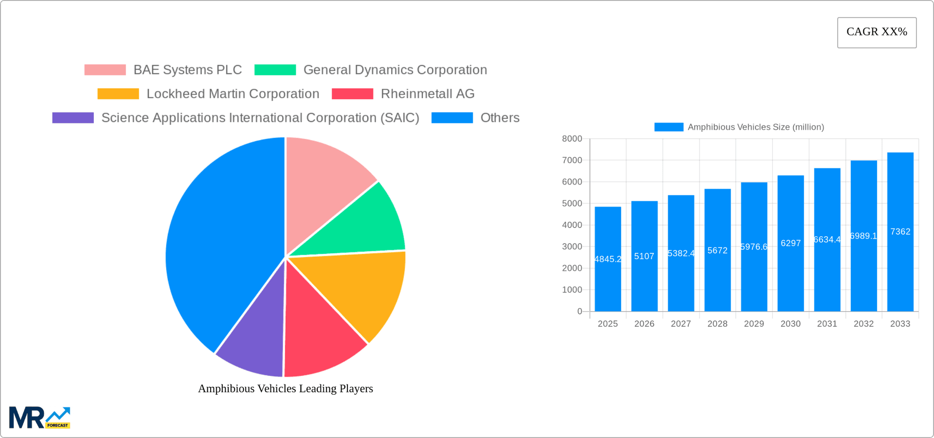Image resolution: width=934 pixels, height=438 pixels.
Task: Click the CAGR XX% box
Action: [x=877, y=33]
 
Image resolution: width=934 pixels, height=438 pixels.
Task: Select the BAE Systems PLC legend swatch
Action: [x=105, y=70]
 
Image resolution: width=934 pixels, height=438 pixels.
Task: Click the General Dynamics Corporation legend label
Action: [x=395, y=70]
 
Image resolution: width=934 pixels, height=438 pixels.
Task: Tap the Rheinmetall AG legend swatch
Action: [x=352, y=94]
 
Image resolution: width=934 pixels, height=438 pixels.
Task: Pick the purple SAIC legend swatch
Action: [x=73, y=118]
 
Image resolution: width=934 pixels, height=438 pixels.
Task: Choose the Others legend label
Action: [x=500, y=118]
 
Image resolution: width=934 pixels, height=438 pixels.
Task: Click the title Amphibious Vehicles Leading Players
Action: [x=286, y=388]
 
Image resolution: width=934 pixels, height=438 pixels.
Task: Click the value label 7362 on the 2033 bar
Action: [x=900, y=232]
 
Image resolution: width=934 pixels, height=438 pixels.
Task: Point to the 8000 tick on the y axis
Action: [x=572, y=139]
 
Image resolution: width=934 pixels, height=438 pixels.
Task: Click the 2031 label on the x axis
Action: [x=827, y=324]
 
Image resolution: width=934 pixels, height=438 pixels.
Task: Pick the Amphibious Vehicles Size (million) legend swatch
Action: [x=668, y=127]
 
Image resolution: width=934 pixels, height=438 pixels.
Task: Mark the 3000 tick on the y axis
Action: [x=572, y=247]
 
